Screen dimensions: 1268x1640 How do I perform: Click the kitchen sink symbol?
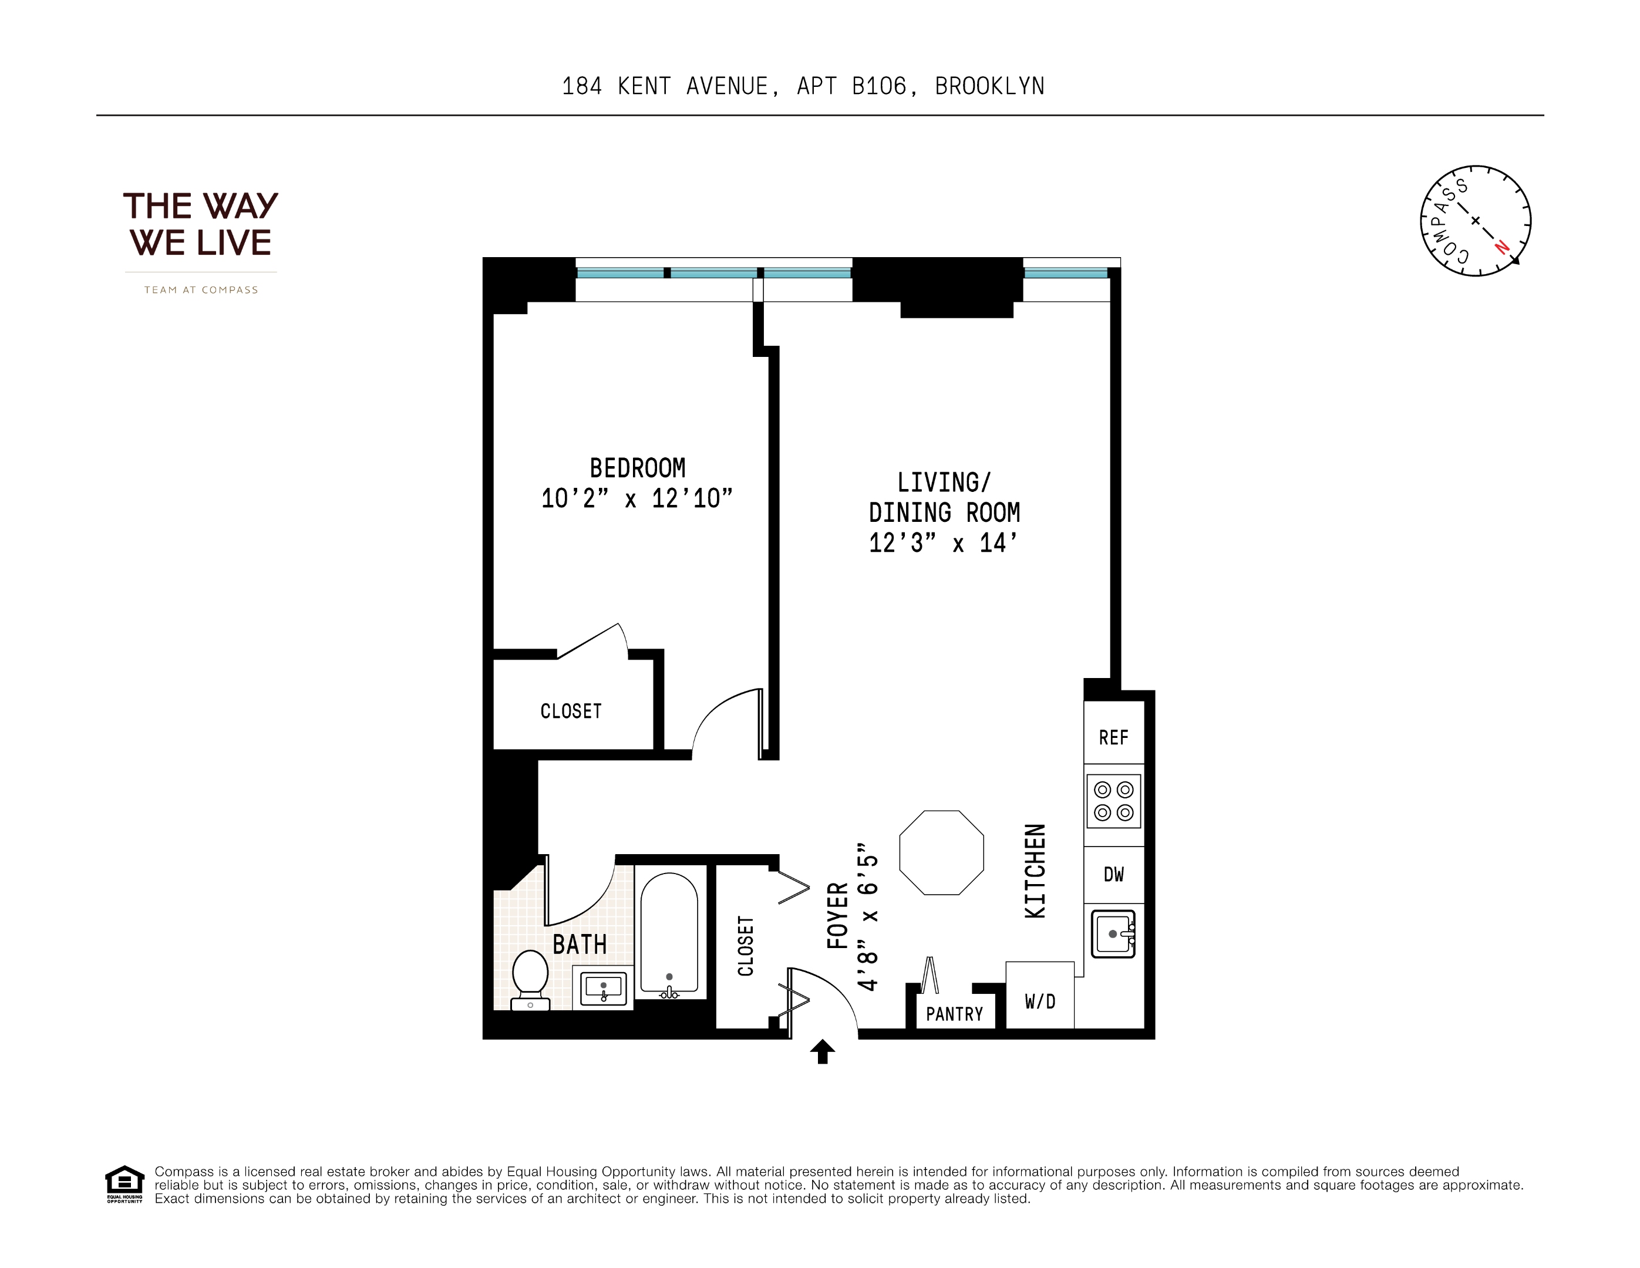(x=1112, y=934)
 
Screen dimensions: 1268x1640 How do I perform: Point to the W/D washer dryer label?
(x=1040, y=1001)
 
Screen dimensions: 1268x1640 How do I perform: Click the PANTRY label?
(x=954, y=1014)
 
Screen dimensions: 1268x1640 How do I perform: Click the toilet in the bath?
(x=530, y=978)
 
